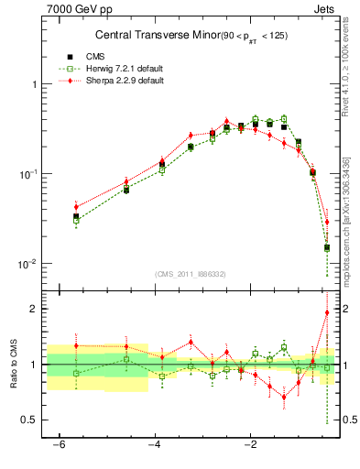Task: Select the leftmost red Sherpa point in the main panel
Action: click(76, 207)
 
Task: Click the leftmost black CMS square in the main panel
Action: click(76, 217)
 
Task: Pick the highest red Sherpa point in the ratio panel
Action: click(327, 312)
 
